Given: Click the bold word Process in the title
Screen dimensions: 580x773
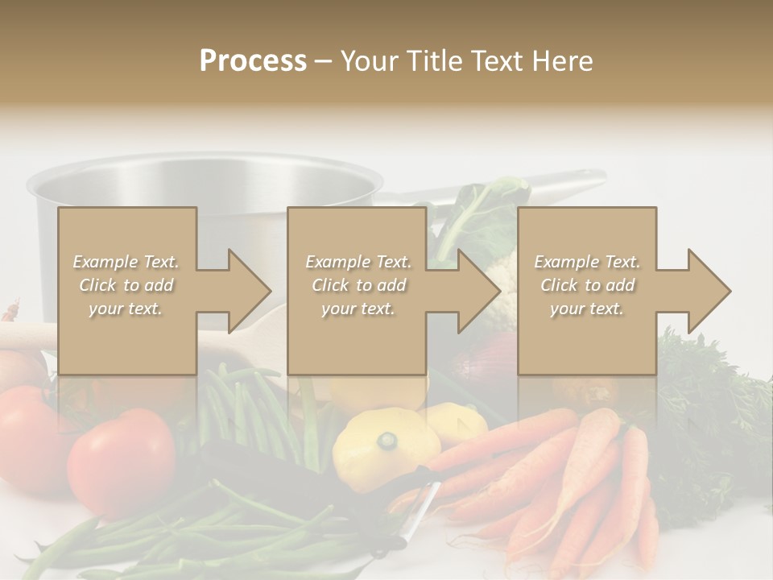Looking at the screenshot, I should pyautogui.click(x=253, y=61).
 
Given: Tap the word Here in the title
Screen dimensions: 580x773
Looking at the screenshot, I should pyautogui.click(x=563, y=61).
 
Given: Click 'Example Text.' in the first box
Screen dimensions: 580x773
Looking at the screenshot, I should pyautogui.click(x=126, y=262).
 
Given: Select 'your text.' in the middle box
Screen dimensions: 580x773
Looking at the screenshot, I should pyautogui.click(x=358, y=309).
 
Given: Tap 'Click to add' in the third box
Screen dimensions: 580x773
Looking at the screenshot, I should pyautogui.click(x=587, y=285).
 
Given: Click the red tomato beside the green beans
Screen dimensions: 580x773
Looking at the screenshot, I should pyautogui.click(x=121, y=451).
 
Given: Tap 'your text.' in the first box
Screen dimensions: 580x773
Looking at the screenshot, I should pyautogui.click(x=126, y=309).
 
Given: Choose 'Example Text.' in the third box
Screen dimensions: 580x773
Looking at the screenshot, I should pyautogui.click(x=587, y=262).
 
